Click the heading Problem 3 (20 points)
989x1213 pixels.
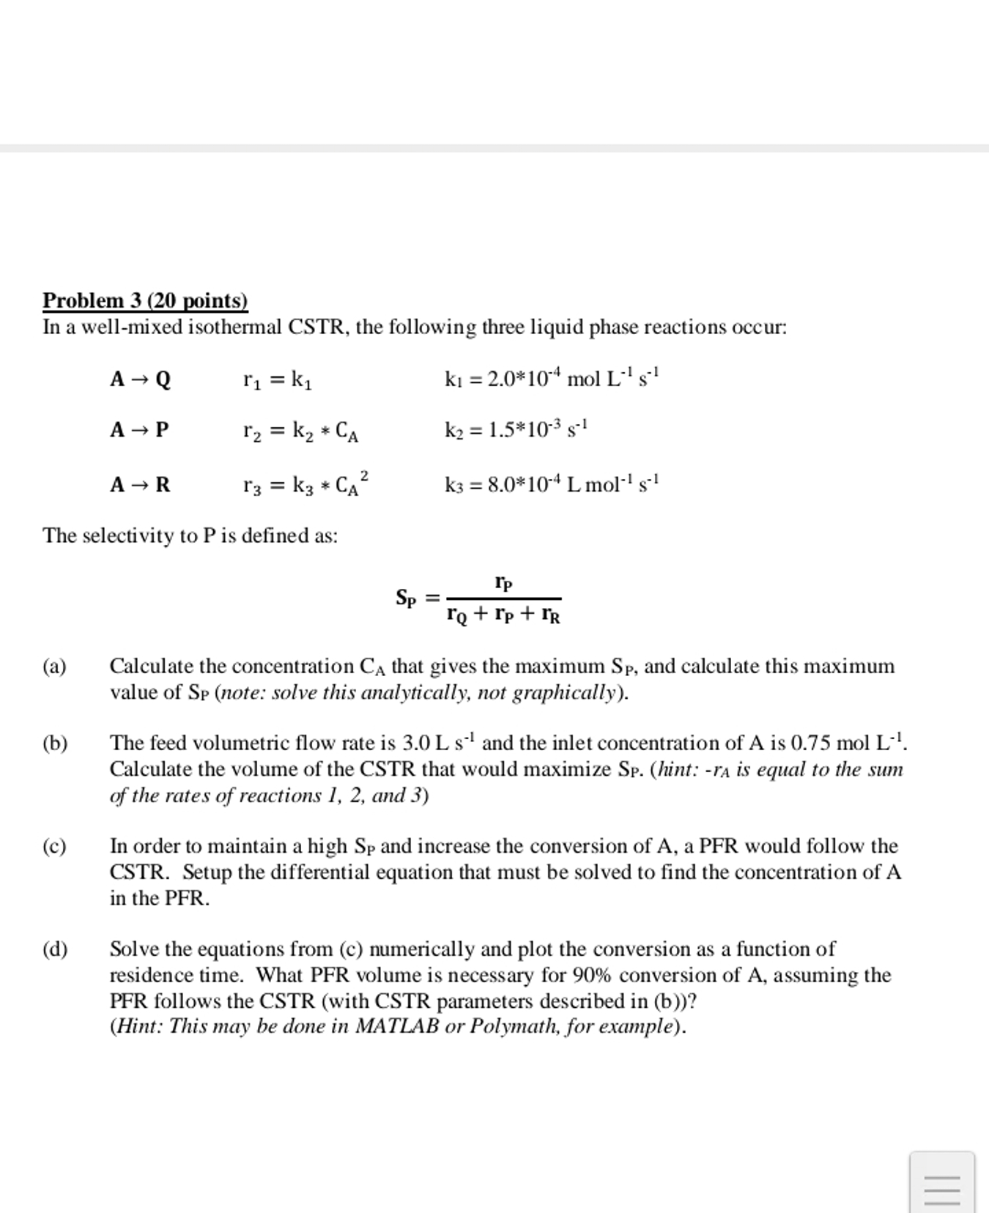145,301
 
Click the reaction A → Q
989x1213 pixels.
140,379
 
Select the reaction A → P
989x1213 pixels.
139,429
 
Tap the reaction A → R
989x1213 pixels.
140,485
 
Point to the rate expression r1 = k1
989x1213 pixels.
278,379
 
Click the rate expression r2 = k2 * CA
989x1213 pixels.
300,431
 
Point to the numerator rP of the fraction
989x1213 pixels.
503,583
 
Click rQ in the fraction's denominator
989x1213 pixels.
456,615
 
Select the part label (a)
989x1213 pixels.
55,667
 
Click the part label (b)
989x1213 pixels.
55,743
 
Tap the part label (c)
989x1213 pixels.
55,847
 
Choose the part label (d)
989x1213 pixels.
55,950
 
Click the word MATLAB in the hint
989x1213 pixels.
396,1026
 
